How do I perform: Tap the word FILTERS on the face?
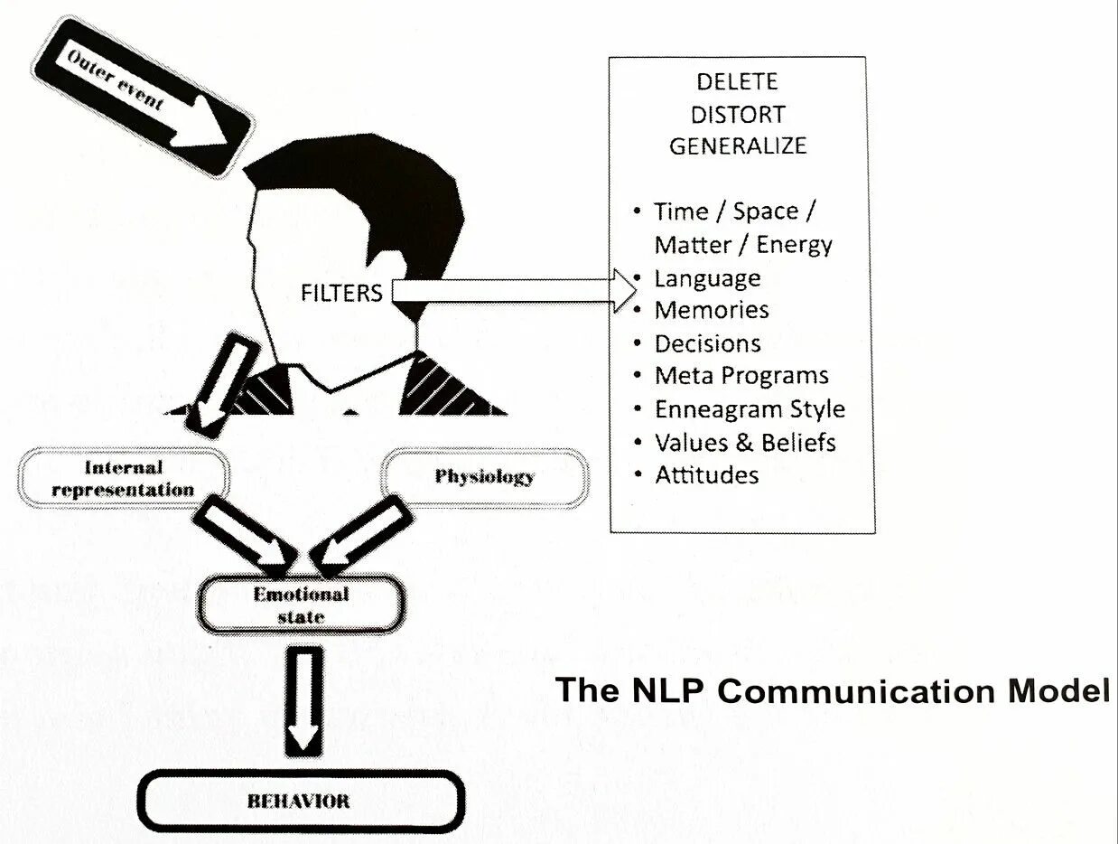[x=342, y=293]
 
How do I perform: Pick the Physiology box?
[x=485, y=476]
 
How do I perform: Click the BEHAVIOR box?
[x=301, y=801]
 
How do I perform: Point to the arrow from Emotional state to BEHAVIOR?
[x=303, y=699]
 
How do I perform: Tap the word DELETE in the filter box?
[x=737, y=81]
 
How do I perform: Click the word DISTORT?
[x=737, y=115]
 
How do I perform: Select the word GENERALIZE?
[x=737, y=146]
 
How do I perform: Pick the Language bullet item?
[x=707, y=277]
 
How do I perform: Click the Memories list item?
[x=712, y=310]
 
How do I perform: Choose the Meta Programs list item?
[x=741, y=376]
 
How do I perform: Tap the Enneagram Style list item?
[x=750, y=408]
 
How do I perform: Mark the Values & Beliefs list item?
[x=745, y=442]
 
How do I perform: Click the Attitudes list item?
[x=706, y=474]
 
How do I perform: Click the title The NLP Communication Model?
[x=832, y=690]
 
